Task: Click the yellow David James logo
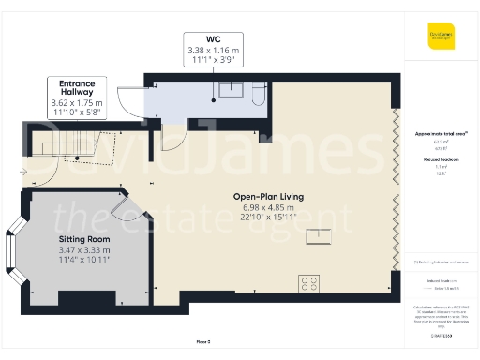click(x=441, y=39)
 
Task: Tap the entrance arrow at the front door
click(x=23, y=172)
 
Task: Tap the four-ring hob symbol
click(x=308, y=282)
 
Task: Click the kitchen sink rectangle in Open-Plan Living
click(x=320, y=234)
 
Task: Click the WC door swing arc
click(x=172, y=139)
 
